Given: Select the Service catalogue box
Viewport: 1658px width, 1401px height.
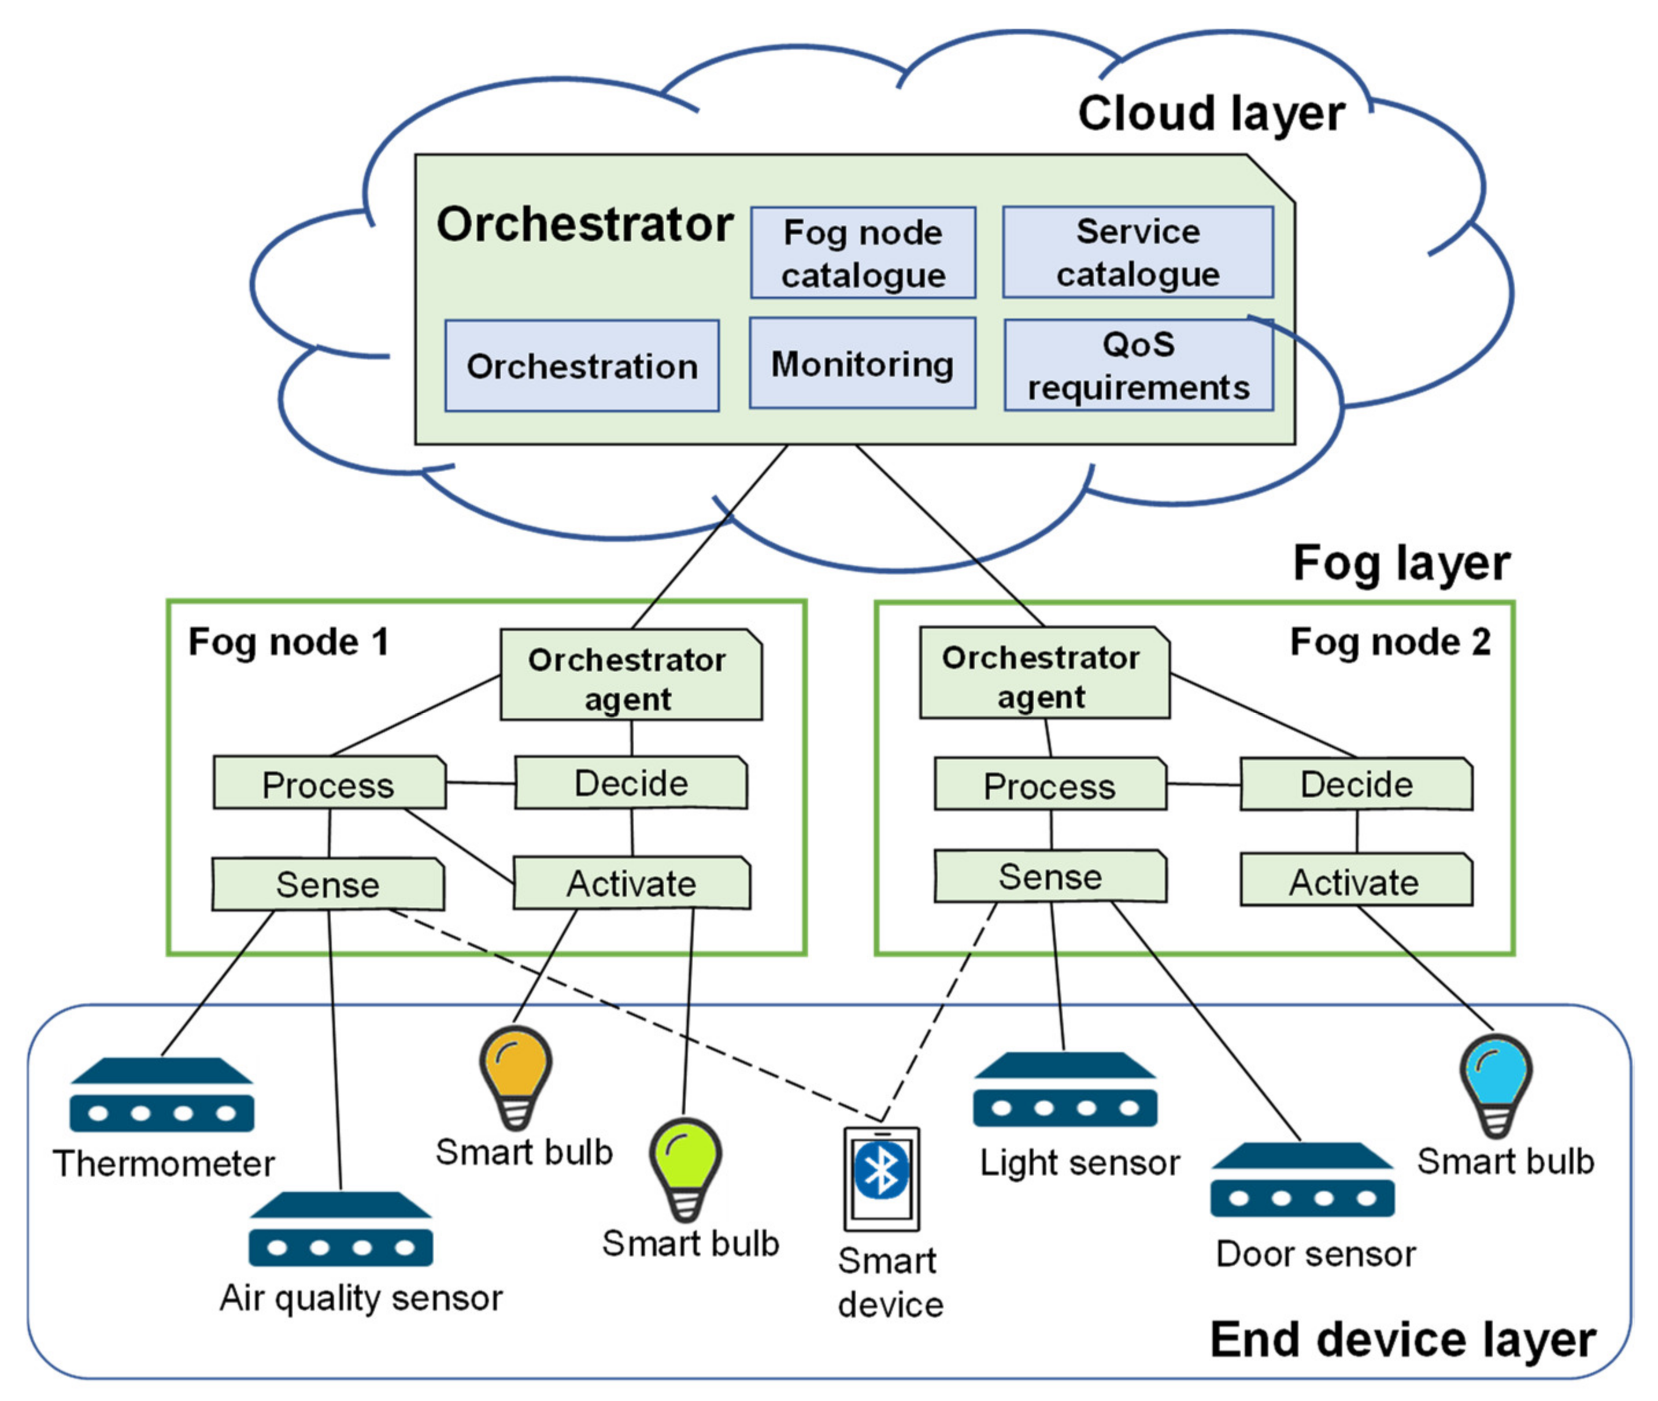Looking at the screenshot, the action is (x=1138, y=252).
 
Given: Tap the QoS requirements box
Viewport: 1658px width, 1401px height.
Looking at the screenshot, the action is (x=1138, y=365).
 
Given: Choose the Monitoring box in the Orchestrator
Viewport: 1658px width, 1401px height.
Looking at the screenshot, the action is (x=863, y=363).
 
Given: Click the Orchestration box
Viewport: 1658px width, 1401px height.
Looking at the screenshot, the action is (x=582, y=365).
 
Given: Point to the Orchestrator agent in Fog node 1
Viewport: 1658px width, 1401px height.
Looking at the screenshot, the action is (x=631, y=675).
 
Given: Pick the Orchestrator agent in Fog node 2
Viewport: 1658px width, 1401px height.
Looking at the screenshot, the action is (x=1044, y=673).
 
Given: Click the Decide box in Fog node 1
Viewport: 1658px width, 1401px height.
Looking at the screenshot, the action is (x=631, y=783).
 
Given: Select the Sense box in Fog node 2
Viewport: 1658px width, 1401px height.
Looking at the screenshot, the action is (x=1050, y=876).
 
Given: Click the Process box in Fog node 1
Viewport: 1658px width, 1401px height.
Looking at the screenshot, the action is (x=329, y=783).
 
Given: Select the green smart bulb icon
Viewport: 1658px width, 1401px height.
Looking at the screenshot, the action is (x=685, y=1169).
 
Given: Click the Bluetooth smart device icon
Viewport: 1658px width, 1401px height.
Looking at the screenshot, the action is (x=881, y=1178).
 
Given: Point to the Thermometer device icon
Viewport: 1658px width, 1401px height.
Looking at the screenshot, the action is (x=162, y=1095).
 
